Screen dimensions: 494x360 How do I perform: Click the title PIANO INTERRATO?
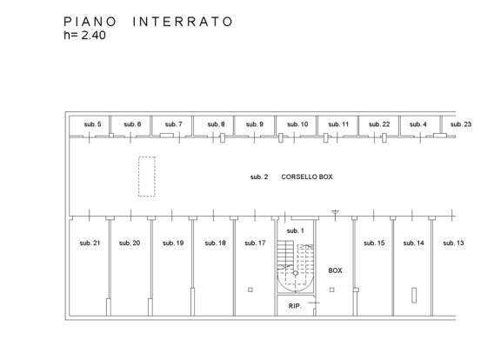[148, 22]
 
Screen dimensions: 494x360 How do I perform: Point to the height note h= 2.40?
[84, 35]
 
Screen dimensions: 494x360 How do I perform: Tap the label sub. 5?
[92, 124]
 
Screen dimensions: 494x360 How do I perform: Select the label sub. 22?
[379, 124]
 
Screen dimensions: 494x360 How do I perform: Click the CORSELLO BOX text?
[307, 177]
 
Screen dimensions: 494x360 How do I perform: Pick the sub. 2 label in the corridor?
[259, 177]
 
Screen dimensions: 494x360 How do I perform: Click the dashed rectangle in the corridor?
[147, 177]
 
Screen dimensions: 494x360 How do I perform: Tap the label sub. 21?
[90, 243]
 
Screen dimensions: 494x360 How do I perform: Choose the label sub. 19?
[173, 243]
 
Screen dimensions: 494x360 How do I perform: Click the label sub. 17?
[255, 243]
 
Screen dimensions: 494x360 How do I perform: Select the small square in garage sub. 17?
[250, 290]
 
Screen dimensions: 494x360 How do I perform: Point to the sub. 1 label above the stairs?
[295, 231]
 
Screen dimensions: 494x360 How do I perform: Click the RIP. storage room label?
[295, 306]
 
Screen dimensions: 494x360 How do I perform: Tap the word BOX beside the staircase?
[335, 270]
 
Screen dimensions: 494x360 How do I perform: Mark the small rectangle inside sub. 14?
[414, 295]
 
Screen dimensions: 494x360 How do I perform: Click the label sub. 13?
[453, 243]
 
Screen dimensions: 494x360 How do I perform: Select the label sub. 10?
[297, 124]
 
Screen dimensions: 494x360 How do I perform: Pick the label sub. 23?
[461, 124]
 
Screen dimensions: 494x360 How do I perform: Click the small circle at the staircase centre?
[296, 273]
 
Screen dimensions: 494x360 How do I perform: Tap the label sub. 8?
[216, 124]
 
